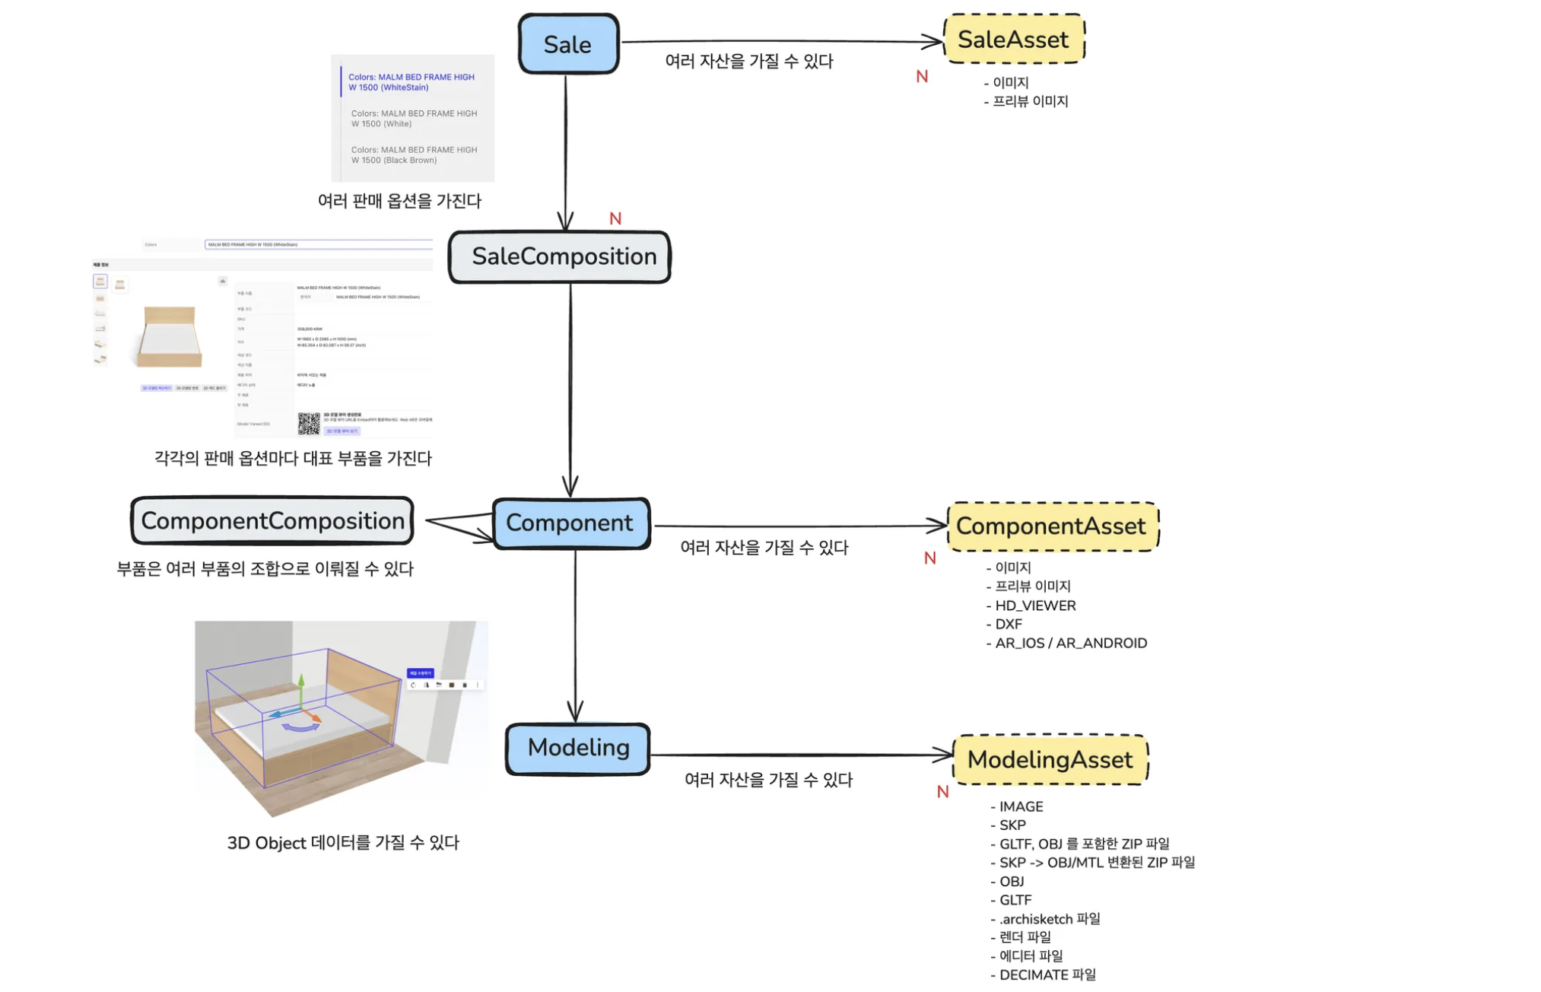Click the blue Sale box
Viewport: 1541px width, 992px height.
pyautogui.click(x=568, y=44)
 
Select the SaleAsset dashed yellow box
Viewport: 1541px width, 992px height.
pyautogui.click(x=1013, y=39)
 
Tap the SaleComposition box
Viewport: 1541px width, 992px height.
pyautogui.click(x=560, y=257)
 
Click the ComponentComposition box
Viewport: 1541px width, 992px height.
pyautogui.click(x=272, y=521)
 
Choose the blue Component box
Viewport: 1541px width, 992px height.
pyautogui.click(x=570, y=523)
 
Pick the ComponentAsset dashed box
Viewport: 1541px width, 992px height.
pyautogui.click(x=1052, y=526)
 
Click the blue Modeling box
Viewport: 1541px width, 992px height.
pyautogui.click(x=577, y=749)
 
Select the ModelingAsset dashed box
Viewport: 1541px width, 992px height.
pyautogui.click(x=1050, y=759)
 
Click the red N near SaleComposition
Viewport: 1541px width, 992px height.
pyautogui.click(x=615, y=219)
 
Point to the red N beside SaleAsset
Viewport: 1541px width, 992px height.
pyautogui.click(x=922, y=77)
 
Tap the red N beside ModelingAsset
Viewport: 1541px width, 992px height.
pyautogui.click(x=942, y=792)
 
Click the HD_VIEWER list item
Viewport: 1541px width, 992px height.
pyautogui.click(x=1035, y=606)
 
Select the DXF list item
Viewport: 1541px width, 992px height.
pyautogui.click(x=1009, y=625)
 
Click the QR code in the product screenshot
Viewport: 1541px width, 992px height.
pyautogui.click(x=309, y=423)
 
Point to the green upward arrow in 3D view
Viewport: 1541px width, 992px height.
pyautogui.click(x=301, y=688)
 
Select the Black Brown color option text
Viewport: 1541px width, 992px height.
pyautogui.click(x=414, y=155)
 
